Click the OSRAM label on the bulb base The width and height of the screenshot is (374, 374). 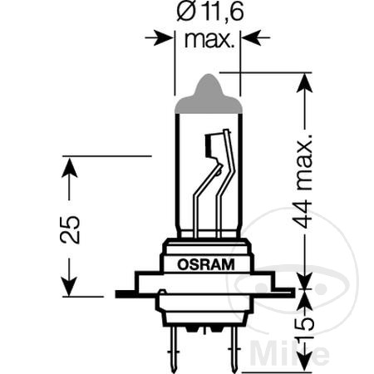point(206,264)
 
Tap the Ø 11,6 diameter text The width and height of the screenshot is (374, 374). point(205,14)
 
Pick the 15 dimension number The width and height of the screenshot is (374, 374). point(305,326)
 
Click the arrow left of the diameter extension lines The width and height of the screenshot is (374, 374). point(160,37)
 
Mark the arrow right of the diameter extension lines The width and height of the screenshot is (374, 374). point(253,37)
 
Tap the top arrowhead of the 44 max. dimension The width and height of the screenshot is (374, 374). point(305,83)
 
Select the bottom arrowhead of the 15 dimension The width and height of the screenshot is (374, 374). point(305,354)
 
